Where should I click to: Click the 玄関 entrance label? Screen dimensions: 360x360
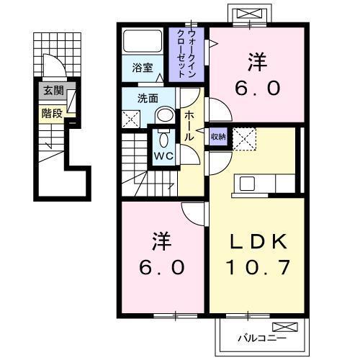(53, 91)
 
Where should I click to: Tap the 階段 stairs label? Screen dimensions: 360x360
(52, 112)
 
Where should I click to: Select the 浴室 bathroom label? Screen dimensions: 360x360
(143, 68)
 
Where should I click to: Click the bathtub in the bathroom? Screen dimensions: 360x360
(143, 40)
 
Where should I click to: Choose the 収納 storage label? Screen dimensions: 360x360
(218, 137)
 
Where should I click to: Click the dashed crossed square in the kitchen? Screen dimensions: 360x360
(245, 138)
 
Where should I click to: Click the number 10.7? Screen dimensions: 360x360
(260, 268)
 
